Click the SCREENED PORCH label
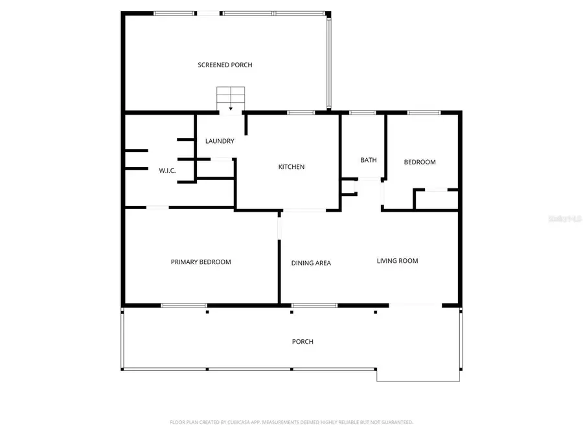coord(225,65)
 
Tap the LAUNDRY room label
coord(220,141)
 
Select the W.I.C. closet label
coord(168,171)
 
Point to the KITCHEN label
coord(291,167)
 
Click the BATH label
coord(369,161)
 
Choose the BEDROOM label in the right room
coord(420,162)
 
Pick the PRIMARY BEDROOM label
coord(201,262)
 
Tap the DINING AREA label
coord(311,263)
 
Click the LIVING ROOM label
coord(398,261)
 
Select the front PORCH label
coord(303,342)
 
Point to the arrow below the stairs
coord(231,109)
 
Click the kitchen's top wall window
coord(301,113)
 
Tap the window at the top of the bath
coord(362,113)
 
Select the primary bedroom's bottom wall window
coord(184,305)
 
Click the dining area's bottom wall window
coord(315,305)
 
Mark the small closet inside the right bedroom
coord(437,200)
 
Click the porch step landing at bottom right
coord(418,375)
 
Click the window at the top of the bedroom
coord(424,113)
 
